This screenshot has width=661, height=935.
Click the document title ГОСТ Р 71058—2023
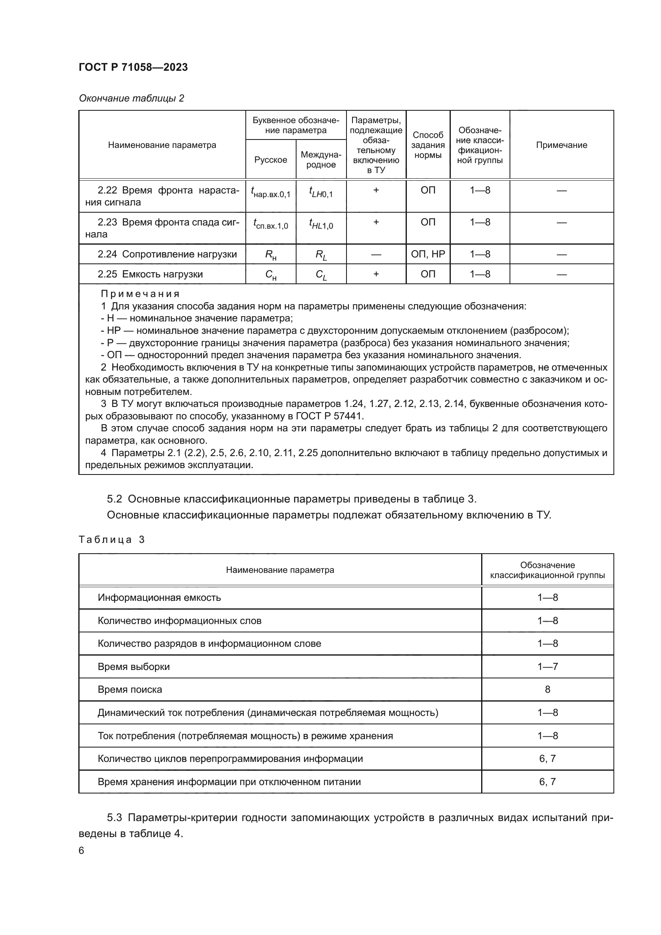(x=133, y=68)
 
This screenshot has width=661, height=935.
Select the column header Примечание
(x=561, y=145)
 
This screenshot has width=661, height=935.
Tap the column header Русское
(x=270, y=159)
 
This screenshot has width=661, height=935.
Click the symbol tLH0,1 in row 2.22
(x=321, y=191)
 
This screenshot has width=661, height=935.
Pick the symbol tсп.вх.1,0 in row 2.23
(x=270, y=223)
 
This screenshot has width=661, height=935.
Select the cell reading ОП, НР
(x=428, y=254)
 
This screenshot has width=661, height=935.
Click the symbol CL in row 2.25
(x=321, y=275)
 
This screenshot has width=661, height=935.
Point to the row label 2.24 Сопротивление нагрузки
(x=167, y=254)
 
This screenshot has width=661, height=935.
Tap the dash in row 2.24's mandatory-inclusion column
(x=376, y=255)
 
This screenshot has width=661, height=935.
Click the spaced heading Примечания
(x=140, y=294)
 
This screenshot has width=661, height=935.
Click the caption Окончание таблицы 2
(x=131, y=98)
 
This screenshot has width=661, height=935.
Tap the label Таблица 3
(x=111, y=540)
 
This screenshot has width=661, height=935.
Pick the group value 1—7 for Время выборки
(x=547, y=666)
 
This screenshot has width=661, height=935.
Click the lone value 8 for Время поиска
(x=547, y=689)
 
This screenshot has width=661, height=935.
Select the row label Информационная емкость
(x=159, y=597)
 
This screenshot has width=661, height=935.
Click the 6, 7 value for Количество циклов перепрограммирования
(x=547, y=758)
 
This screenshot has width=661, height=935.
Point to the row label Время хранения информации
(x=229, y=781)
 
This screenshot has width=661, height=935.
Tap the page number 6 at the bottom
(x=82, y=850)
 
